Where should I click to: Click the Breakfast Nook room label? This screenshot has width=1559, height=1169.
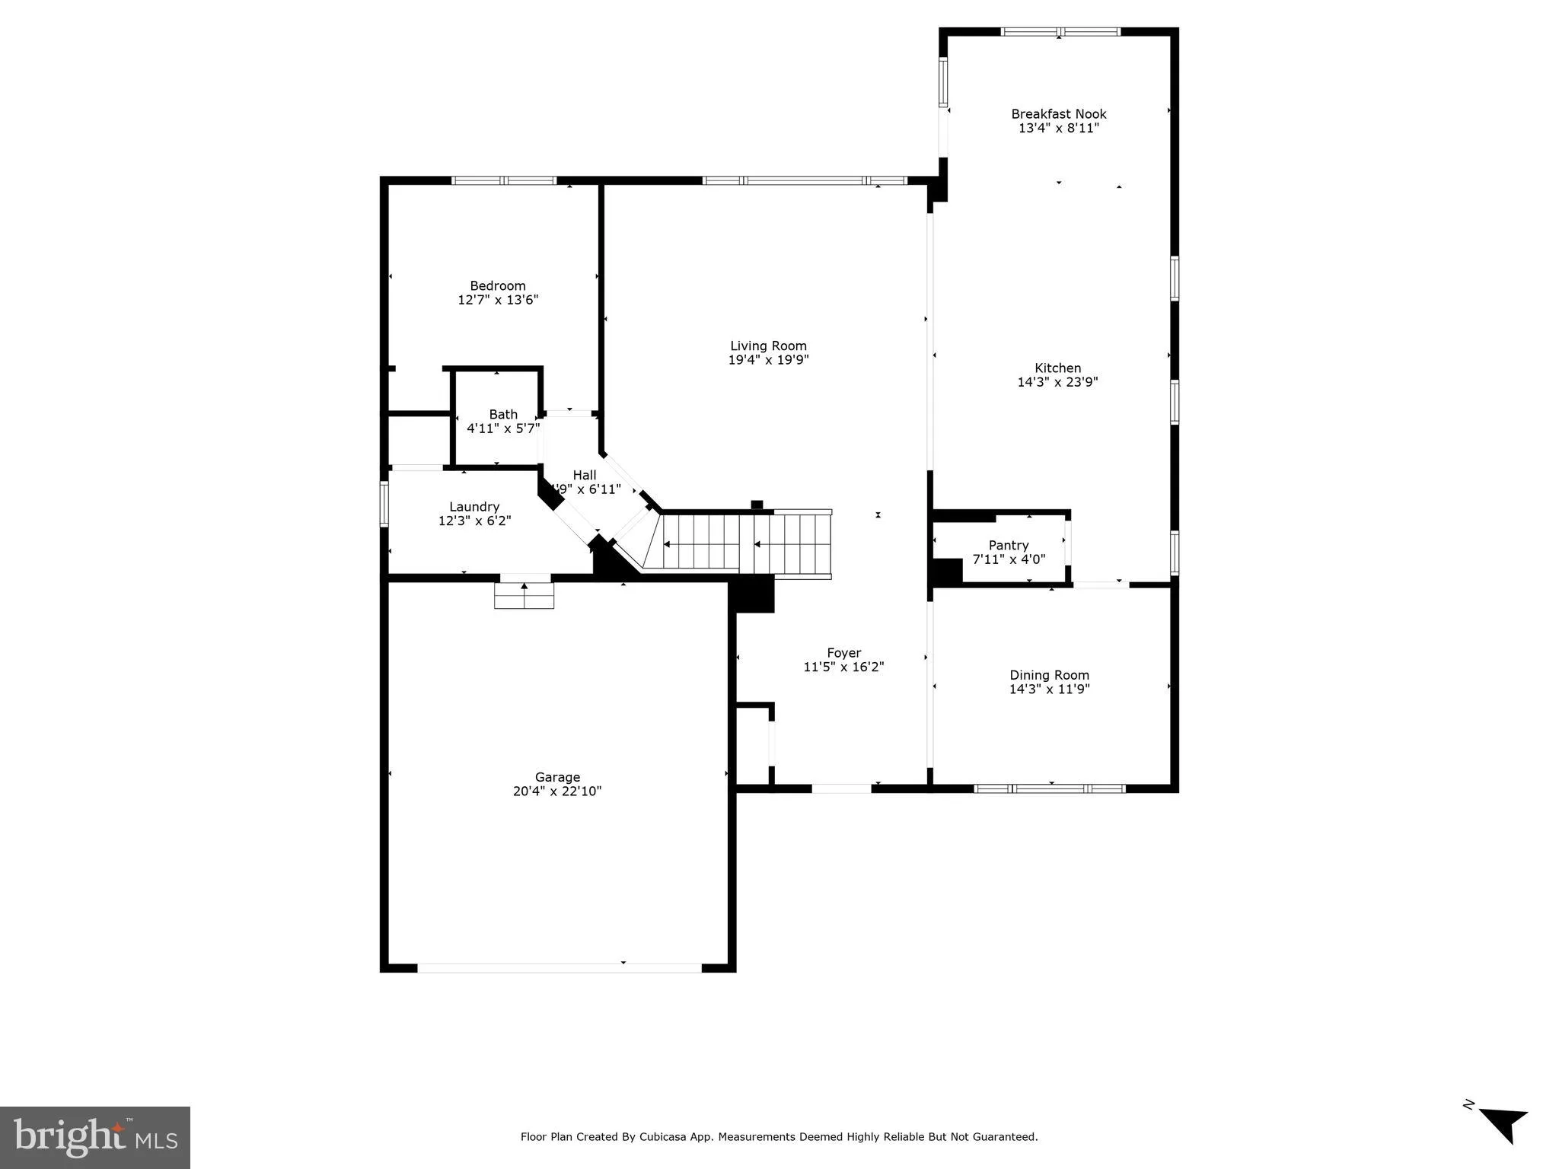click(x=1058, y=114)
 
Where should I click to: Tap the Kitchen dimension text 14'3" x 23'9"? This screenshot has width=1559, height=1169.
click(x=1057, y=382)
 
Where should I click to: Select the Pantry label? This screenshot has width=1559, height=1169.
click(x=1009, y=545)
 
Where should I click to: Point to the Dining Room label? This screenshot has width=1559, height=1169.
click(x=1049, y=675)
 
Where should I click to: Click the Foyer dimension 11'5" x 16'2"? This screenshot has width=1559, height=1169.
click(x=843, y=667)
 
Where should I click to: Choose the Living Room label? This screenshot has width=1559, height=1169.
click(x=768, y=346)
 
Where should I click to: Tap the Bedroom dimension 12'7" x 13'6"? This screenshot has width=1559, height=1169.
click(x=498, y=300)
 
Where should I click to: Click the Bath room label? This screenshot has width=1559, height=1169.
click(x=503, y=414)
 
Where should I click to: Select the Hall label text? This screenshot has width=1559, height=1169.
click(x=585, y=475)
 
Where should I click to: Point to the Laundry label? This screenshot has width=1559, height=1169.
click(x=474, y=507)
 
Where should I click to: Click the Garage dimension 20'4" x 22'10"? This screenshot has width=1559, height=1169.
click(x=557, y=791)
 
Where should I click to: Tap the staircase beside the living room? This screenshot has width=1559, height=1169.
click(x=746, y=543)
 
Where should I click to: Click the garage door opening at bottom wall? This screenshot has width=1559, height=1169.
click(x=560, y=968)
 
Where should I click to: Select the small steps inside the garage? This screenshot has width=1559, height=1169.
click(x=524, y=595)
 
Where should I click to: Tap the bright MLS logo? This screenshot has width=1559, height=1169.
click(x=95, y=1137)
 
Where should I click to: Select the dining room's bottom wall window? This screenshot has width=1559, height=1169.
click(x=1050, y=788)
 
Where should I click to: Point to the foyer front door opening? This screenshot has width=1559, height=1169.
click(x=841, y=788)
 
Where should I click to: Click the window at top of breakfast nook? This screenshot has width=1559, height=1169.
click(x=1060, y=32)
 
